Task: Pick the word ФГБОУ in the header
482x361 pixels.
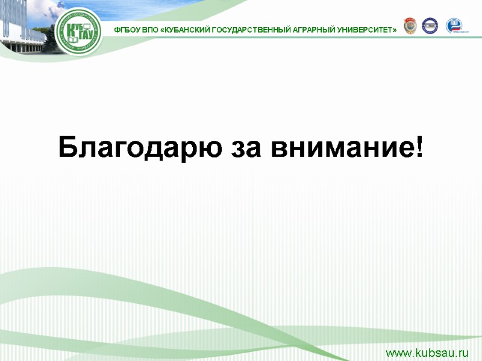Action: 127,29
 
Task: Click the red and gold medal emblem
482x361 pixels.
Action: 409,26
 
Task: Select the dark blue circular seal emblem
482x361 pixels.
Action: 430,26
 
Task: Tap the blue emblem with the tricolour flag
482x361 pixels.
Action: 454,26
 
